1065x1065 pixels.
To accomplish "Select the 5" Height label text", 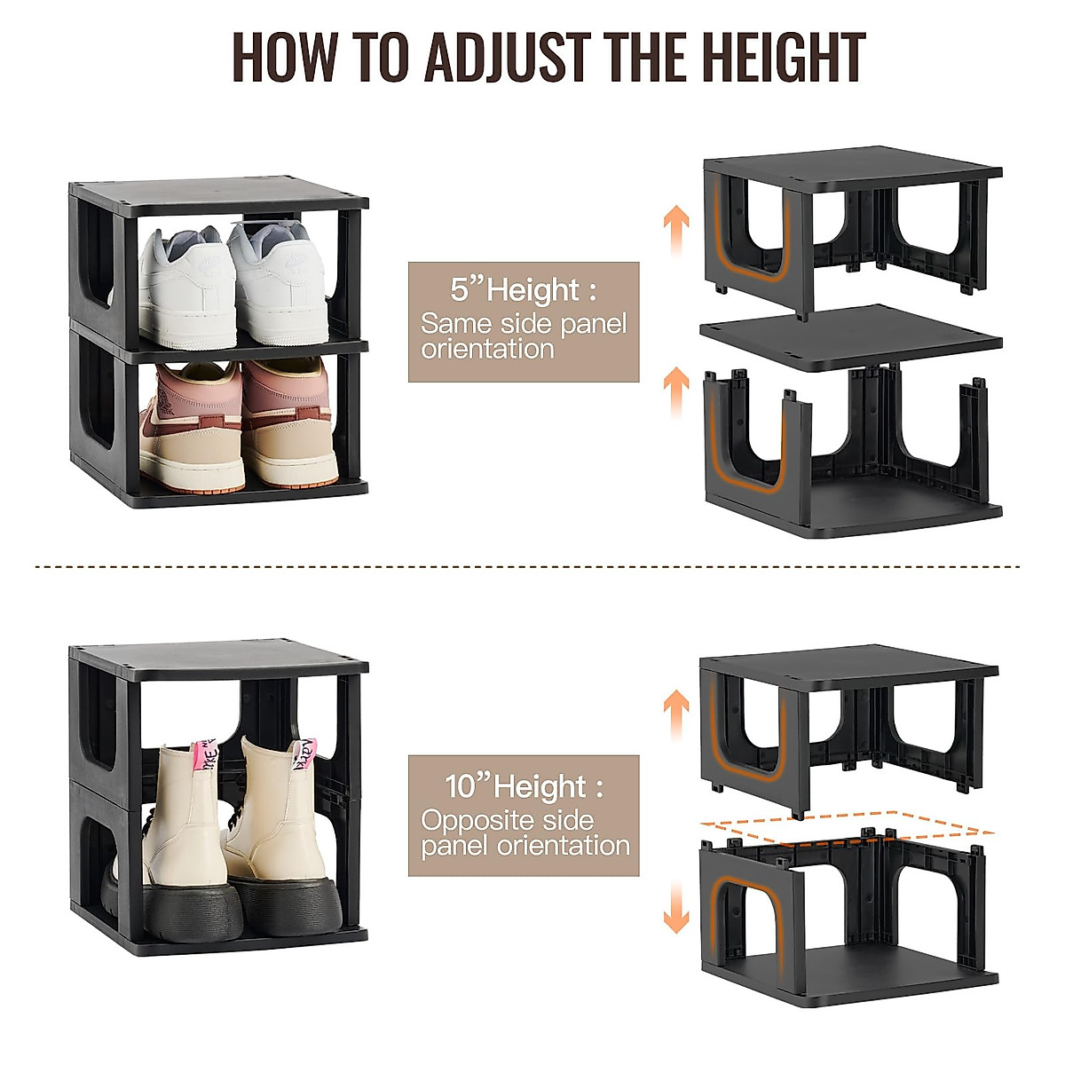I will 523,290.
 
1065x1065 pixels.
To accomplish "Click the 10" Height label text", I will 523,786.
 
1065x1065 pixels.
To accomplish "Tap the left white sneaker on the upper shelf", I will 186,288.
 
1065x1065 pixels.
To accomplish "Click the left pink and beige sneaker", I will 190,426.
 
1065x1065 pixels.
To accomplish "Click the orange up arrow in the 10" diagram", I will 676,714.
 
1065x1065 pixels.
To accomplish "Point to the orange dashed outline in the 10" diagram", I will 848,824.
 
